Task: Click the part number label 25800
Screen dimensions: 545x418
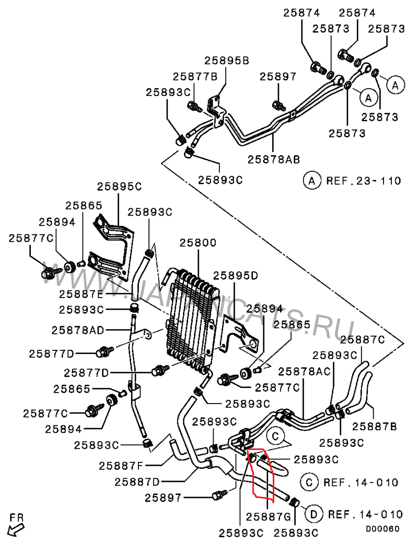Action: (x=198, y=243)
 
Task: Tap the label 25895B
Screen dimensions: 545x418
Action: (x=226, y=61)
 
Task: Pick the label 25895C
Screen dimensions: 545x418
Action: (x=120, y=187)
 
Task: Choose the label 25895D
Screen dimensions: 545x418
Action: (x=236, y=276)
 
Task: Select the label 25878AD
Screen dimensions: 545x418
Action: (x=78, y=330)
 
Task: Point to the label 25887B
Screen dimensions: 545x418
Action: (x=374, y=425)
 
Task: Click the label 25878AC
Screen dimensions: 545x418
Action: (x=304, y=371)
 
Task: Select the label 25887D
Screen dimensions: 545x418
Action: (x=137, y=481)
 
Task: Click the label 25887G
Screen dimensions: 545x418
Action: (x=269, y=516)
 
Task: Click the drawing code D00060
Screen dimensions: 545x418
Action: (x=382, y=529)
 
